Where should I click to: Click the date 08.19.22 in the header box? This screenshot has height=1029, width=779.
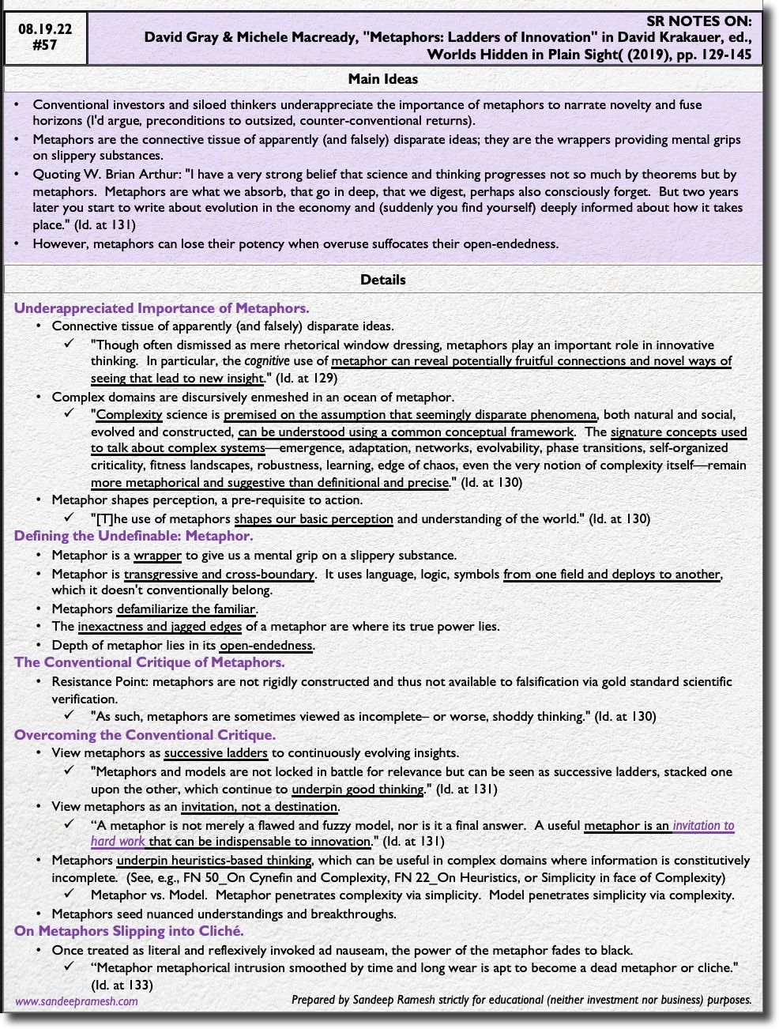45,29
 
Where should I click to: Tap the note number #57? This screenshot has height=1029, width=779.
45,46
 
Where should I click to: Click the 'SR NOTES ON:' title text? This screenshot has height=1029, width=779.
698,21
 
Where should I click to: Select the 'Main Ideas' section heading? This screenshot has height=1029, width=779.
383,79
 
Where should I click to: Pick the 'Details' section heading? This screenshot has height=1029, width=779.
383,280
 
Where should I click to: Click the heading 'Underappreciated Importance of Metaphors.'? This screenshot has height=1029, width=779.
161,308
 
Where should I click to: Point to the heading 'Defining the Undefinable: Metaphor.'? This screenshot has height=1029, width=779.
134,536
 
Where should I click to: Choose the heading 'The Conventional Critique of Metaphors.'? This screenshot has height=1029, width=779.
149,662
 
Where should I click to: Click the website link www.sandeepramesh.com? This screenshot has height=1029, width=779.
77,1001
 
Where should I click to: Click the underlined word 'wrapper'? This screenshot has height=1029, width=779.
157,556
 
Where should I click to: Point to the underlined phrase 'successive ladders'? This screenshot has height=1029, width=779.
216,753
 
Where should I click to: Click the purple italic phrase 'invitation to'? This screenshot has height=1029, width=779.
703,826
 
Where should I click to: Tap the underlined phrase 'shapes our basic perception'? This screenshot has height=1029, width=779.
314,519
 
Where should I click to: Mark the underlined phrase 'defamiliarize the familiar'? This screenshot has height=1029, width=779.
186,609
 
